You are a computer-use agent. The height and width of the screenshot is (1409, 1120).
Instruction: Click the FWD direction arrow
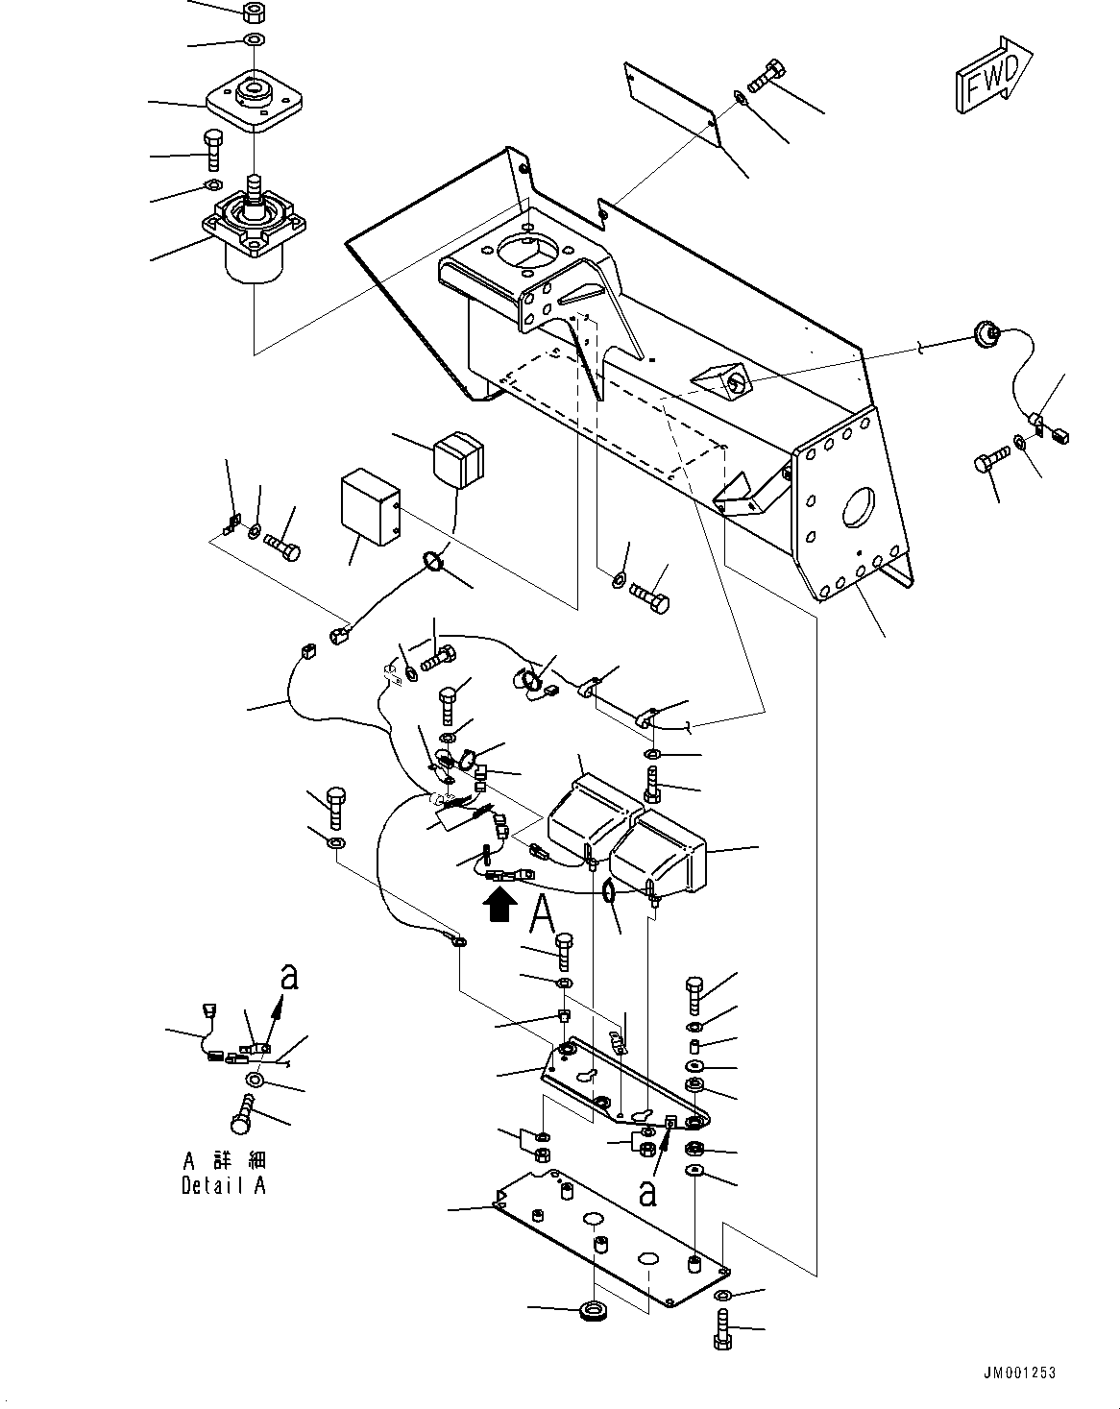[x=992, y=77]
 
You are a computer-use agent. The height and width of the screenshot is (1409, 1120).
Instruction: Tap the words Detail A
[x=223, y=1186]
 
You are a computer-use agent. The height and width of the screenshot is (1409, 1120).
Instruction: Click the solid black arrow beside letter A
[x=499, y=905]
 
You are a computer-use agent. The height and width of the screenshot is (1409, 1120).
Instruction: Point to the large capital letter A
[x=543, y=912]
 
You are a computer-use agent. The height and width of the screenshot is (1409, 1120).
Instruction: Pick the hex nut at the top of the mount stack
[x=255, y=13]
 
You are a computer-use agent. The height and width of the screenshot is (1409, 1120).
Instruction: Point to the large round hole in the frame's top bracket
[x=524, y=250]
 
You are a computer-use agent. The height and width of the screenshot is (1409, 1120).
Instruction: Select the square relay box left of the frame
[x=370, y=508]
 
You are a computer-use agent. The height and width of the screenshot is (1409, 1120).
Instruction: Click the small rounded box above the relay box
[x=458, y=458]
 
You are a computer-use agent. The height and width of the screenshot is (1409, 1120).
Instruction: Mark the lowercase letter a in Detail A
[x=288, y=979]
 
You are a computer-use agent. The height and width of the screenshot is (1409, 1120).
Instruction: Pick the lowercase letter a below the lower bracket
[x=648, y=1193]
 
